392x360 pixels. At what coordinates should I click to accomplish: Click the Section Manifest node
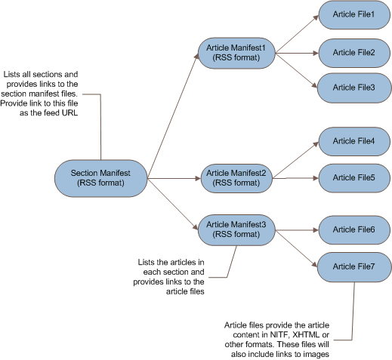[x=100, y=178]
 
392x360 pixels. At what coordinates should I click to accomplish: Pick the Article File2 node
[x=354, y=53]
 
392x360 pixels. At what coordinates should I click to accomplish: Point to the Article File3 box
[x=354, y=88]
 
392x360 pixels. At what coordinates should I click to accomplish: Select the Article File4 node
[x=354, y=141]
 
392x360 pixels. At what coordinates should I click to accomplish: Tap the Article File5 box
[x=354, y=177]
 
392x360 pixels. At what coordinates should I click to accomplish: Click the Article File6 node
[x=354, y=229]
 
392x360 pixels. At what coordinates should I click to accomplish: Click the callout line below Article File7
[x=353, y=302]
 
